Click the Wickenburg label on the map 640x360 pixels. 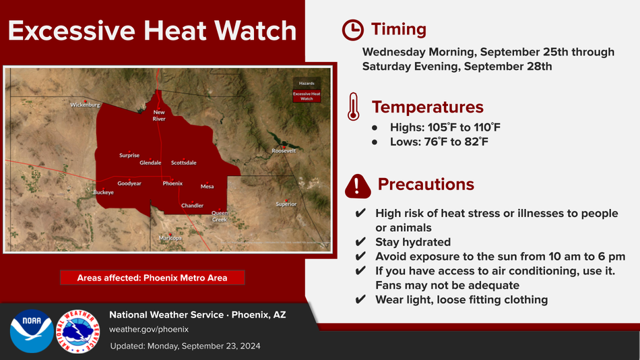click(x=85, y=105)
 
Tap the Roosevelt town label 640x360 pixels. click(x=284, y=151)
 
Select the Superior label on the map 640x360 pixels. click(x=286, y=204)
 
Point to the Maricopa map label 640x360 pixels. click(x=170, y=238)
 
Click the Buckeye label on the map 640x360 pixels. click(x=103, y=192)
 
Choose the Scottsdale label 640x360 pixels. click(x=184, y=162)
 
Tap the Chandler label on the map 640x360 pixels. click(x=192, y=206)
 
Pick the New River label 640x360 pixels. click(x=159, y=115)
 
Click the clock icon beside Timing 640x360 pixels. click(x=352, y=30)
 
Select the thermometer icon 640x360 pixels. click(x=354, y=107)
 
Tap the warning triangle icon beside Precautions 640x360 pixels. click(x=358, y=186)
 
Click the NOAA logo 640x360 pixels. click(x=32, y=331)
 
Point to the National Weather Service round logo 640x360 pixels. click(x=77, y=331)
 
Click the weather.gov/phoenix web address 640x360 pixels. click(x=149, y=330)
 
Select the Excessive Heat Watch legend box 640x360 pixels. click(x=307, y=96)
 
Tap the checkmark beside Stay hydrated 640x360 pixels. click(x=360, y=242)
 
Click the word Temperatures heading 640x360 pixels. click(x=427, y=107)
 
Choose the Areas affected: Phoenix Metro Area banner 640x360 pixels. click(x=152, y=278)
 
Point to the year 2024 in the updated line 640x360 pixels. click(x=251, y=346)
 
